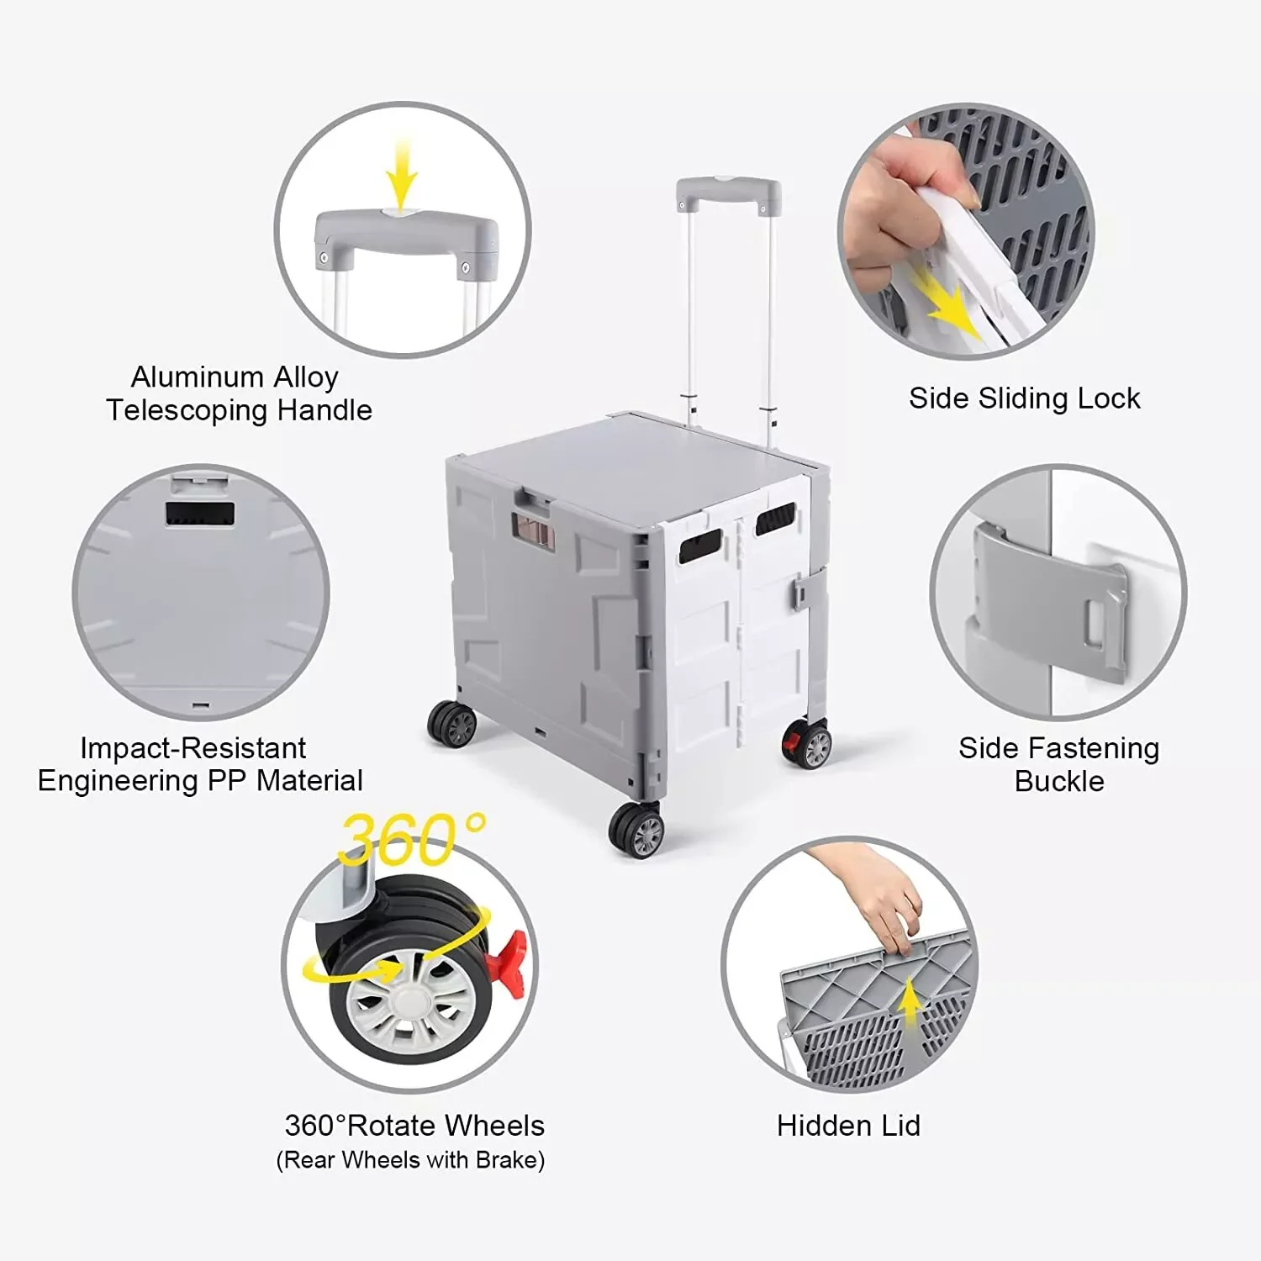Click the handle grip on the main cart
tap(728, 192)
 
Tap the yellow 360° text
tap(411, 840)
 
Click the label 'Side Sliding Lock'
tap(1024, 398)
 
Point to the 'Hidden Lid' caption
tap(848, 1126)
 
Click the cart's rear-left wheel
tap(452, 723)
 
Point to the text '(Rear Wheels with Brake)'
tap(410, 1161)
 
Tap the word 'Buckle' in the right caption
tap(1059, 782)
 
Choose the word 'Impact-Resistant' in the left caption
tap(193, 748)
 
